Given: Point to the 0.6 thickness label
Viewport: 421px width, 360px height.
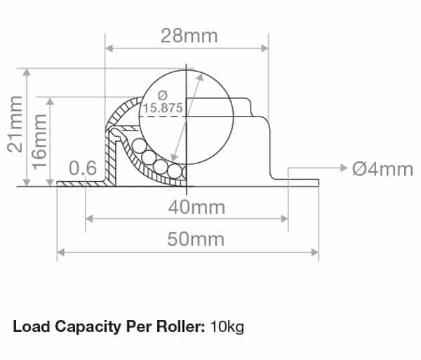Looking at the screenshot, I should (82, 169).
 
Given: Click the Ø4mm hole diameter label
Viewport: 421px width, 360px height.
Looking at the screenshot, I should (383, 169).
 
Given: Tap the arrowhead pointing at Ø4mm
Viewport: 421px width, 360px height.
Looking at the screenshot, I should (343, 168).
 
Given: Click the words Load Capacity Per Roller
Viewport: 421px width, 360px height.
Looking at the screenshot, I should (108, 326).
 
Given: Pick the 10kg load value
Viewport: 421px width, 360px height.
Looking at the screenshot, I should (227, 326).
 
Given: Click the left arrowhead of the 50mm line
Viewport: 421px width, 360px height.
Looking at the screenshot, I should (61, 251).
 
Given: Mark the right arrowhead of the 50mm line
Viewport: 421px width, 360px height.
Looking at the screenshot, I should (315, 251).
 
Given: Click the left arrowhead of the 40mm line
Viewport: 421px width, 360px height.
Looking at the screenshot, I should (89, 219).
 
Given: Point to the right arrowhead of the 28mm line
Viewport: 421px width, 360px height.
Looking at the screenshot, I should (265, 48).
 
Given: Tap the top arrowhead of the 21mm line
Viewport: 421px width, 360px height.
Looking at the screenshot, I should (27, 73).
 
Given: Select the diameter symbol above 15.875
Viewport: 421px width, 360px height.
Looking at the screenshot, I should (162, 95).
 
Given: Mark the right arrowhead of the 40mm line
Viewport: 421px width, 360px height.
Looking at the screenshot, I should (284, 219).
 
